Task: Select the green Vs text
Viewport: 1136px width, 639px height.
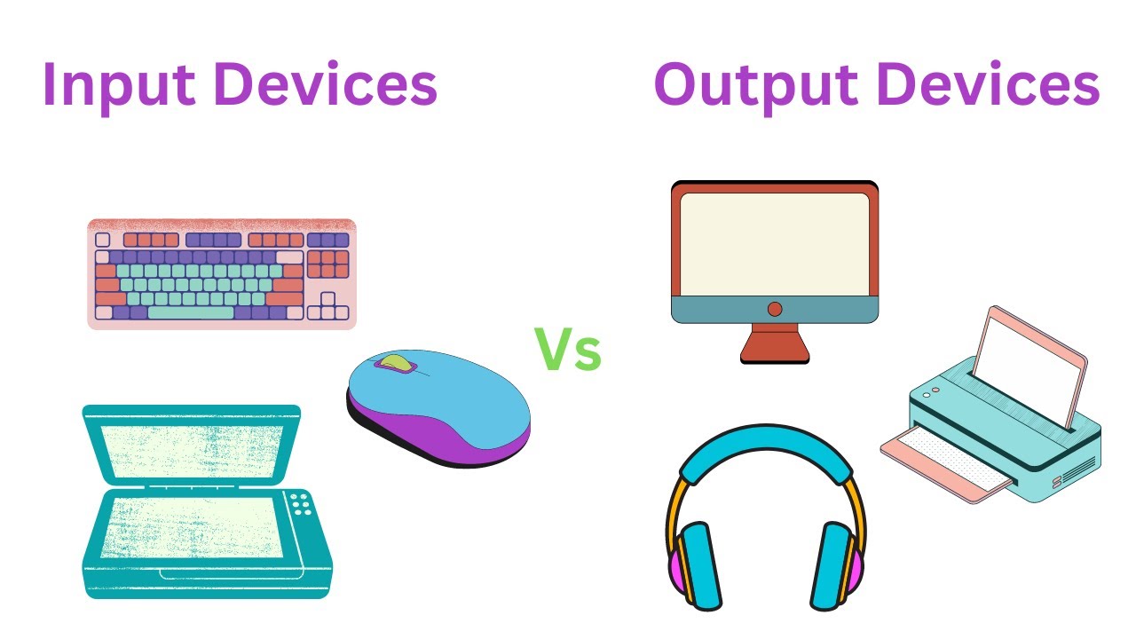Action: pyautogui.click(x=567, y=351)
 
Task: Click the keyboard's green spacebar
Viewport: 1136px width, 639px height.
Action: pyautogui.click(x=190, y=312)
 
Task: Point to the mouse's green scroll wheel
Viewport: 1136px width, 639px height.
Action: pyautogui.click(x=396, y=363)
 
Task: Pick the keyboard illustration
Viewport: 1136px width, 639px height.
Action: pyautogui.click(x=221, y=273)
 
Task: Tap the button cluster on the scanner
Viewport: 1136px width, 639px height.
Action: pyautogui.click(x=303, y=504)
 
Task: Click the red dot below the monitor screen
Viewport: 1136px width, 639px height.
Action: pyautogui.click(x=775, y=309)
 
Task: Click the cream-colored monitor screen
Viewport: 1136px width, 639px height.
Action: pyautogui.click(x=775, y=243)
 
